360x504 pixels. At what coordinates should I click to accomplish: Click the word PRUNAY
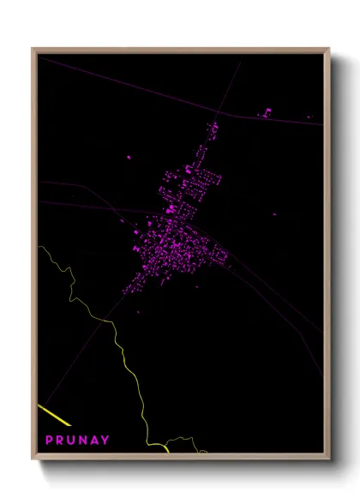pos(77,440)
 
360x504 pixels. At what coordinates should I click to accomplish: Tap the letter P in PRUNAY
pos(50,440)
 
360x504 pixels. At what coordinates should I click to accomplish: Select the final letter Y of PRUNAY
pos(105,440)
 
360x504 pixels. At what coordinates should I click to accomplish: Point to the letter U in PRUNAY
pos(72,440)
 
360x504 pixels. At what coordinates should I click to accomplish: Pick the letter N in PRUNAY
pos(83,440)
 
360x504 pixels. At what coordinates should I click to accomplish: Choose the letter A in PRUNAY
pos(94,440)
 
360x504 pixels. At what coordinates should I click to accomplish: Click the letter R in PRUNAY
pos(61,440)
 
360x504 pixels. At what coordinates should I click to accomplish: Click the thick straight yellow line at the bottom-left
pos(54,415)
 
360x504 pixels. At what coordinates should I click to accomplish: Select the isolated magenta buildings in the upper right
pos(266,112)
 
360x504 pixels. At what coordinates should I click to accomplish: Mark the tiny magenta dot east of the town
pos(274,214)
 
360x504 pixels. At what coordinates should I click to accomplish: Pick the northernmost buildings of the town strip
pos(213,128)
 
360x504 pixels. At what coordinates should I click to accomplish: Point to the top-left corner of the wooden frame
pos(33,50)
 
